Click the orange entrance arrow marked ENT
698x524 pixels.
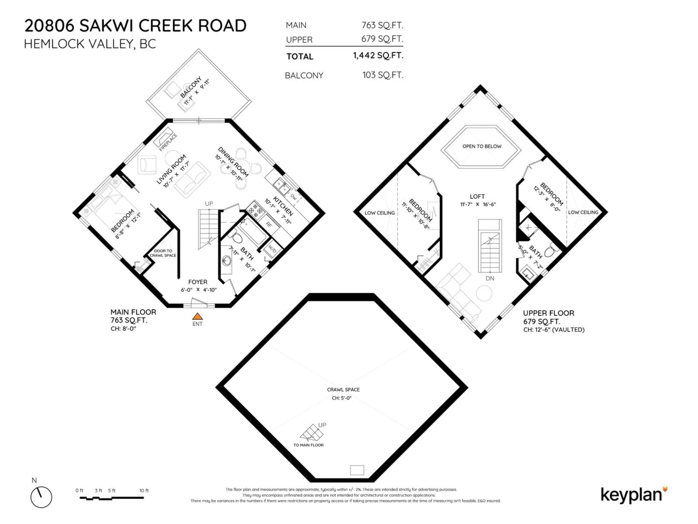click(x=198, y=316)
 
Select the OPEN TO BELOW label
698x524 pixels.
click(x=482, y=146)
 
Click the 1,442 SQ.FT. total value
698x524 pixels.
click(x=378, y=56)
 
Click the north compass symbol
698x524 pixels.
click(x=41, y=497)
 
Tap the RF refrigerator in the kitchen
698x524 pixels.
click(x=269, y=225)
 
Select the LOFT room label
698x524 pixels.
click(x=477, y=196)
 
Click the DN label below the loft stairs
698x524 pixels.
click(x=490, y=278)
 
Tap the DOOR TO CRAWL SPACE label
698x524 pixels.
click(x=163, y=253)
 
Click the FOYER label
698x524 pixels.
click(x=198, y=282)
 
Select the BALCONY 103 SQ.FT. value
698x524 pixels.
click(x=383, y=75)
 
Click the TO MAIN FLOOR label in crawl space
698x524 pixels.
click(x=308, y=445)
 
